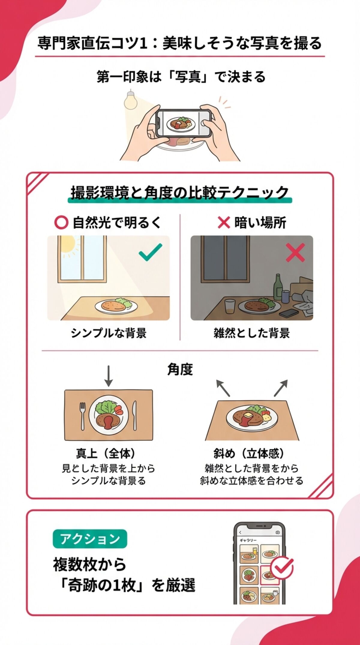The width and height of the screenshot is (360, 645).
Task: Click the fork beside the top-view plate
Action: click(x=82, y=415)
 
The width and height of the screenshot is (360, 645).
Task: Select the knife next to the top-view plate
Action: click(x=135, y=415)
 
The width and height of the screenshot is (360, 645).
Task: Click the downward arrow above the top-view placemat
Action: click(x=109, y=376)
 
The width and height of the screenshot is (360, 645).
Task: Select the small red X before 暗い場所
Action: click(x=223, y=223)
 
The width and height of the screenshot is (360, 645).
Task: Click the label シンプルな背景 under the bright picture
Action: click(x=109, y=333)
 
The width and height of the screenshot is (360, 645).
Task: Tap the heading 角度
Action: click(x=180, y=370)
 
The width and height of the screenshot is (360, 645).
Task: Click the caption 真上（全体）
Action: click(x=105, y=454)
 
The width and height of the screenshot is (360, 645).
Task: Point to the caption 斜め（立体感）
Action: click(x=249, y=454)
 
